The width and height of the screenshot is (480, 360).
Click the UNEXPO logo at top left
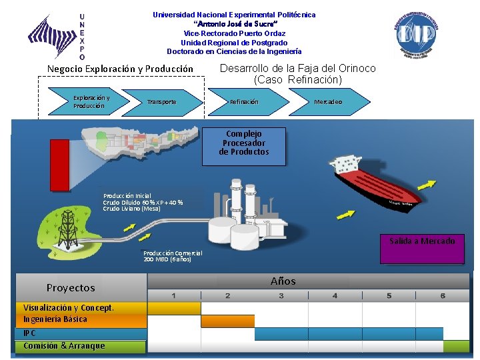tap(57, 37)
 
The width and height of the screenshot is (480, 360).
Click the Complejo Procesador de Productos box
tap(243, 143)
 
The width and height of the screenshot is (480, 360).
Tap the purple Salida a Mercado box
tap(422, 245)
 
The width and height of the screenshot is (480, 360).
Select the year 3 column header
tap(281, 295)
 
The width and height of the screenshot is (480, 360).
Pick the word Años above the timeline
tap(283, 281)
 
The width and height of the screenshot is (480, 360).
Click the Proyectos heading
tap(71, 288)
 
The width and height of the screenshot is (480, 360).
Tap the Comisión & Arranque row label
tap(64, 346)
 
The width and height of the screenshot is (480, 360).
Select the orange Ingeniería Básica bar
tap(227, 321)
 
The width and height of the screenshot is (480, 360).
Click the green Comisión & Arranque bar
tap(456, 346)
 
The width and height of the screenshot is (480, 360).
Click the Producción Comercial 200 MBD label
tap(173, 256)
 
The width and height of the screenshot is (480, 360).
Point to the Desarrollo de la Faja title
tap(297, 73)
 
